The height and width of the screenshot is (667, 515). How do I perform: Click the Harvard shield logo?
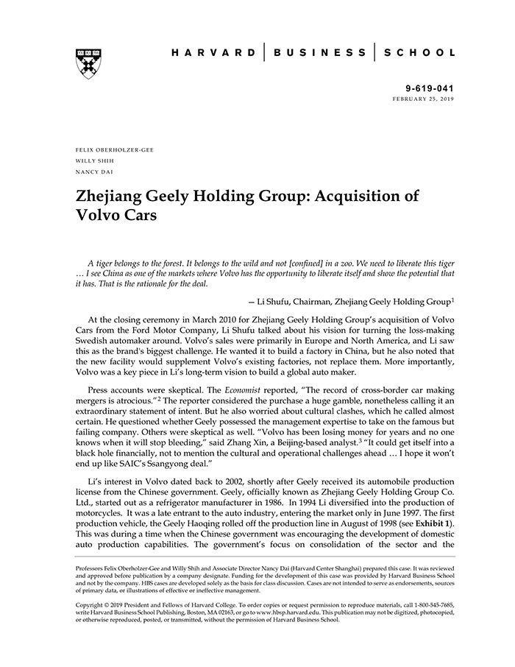click(88, 64)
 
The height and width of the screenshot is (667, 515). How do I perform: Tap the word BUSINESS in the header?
click(319, 53)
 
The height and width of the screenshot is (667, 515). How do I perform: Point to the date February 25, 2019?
click(423, 98)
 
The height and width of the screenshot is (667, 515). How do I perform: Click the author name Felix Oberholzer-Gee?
click(115, 150)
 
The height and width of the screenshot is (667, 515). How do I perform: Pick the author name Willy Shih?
click(96, 160)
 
